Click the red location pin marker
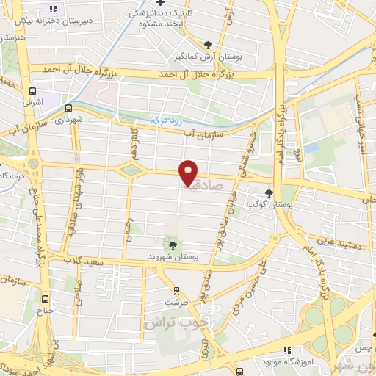(189, 172)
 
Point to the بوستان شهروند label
(173, 256)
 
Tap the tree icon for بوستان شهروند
(173, 245)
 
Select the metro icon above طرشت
(176, 291)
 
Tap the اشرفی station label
(34, 104)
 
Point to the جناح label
(45, 310)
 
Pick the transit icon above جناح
(46, 299)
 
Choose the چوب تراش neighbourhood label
(176, 322)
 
